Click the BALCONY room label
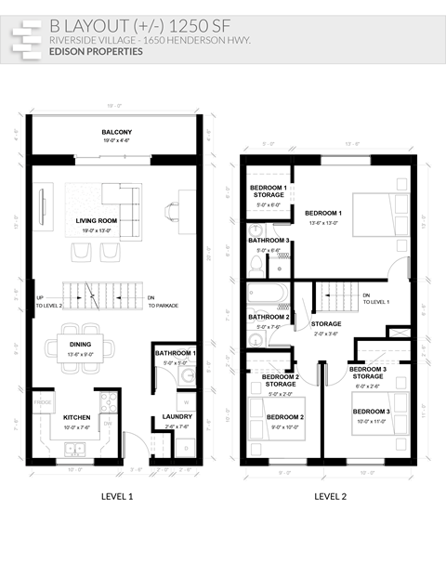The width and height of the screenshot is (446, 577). click(116, 132)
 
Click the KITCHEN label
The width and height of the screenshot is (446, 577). click(76, 417)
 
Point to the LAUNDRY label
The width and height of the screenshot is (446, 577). click(177, 416)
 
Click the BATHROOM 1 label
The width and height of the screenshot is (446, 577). click(176, 353)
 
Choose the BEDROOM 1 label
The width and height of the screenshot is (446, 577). click(323, 213)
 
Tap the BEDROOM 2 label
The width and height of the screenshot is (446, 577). click(285, 417)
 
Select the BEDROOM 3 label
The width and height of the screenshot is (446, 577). click(372, 411)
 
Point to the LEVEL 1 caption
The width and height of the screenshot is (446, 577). click(116, 496)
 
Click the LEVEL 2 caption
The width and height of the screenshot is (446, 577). click(330, 496)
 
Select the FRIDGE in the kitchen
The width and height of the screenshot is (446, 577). click(43, 402)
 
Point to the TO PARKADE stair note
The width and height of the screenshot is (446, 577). click(163, 306)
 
